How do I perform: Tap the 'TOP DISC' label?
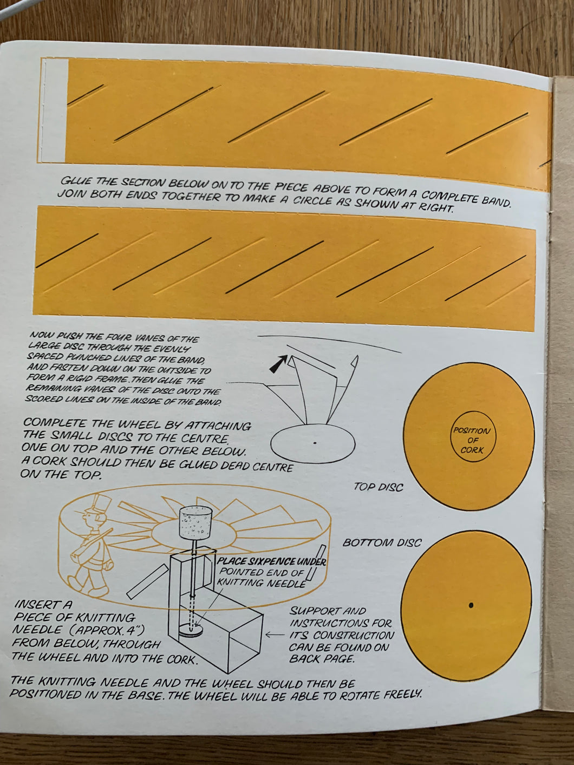coord(377,487)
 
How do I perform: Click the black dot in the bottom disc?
coord(471,604)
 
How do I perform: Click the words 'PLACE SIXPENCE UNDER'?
coord(271,562)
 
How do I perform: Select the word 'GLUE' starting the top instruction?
coord(75,181)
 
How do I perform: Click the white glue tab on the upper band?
coord(55,110)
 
